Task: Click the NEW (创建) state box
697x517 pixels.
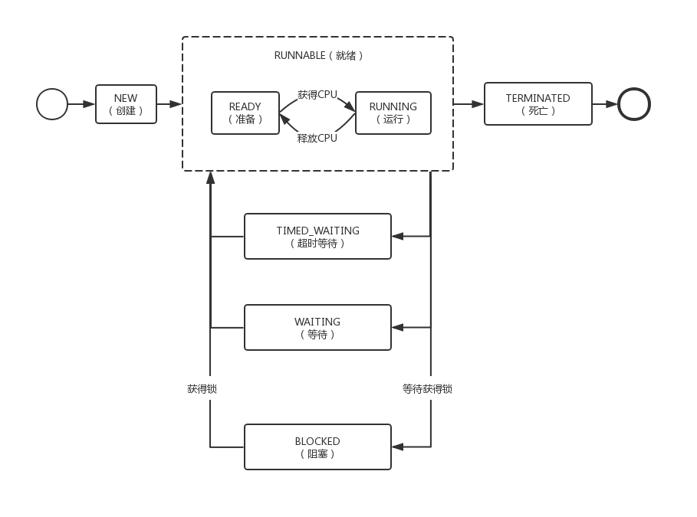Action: (x=126, y=104)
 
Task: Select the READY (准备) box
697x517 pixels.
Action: (x=245, y=113)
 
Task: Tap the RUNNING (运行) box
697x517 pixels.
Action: (x=393, y=113)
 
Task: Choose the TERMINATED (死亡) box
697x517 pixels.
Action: (x=538, y=104)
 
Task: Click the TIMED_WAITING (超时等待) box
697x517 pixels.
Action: (x=317, y=237)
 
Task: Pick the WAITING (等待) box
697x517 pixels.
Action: (x=317, y=328)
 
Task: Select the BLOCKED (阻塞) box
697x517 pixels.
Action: (x=317, y=447)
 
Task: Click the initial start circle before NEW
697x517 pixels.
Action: (x=52, y=104)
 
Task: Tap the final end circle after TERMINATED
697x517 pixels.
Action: (x=634, y=104)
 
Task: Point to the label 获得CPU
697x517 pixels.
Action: (x=317, y=94)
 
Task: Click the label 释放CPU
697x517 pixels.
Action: (x=317, y=139)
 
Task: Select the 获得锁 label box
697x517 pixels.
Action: (x=202, y=388)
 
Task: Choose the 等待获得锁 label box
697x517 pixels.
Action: (x=427, y=388)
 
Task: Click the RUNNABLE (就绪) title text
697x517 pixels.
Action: (x=317, y=56)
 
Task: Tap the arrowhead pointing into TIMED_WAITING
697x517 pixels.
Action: (x=397, y=237)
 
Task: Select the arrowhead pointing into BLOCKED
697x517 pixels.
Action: (x=397, y=447)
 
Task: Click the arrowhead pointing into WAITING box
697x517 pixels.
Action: (x=397, y=328)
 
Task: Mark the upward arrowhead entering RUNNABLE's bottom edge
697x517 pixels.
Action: (x=210, y=178)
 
